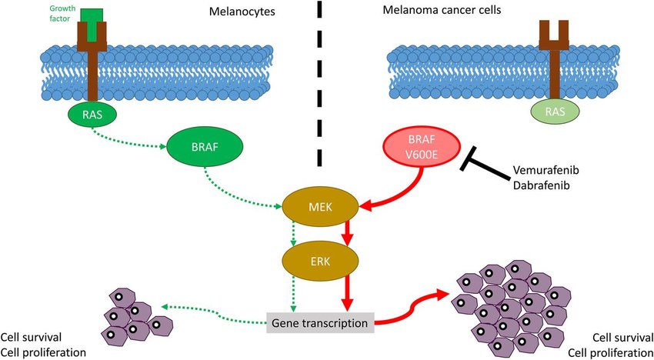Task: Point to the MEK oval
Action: pos(319,207)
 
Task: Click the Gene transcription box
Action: pos(320,322)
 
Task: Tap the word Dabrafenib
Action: pos(543,187)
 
